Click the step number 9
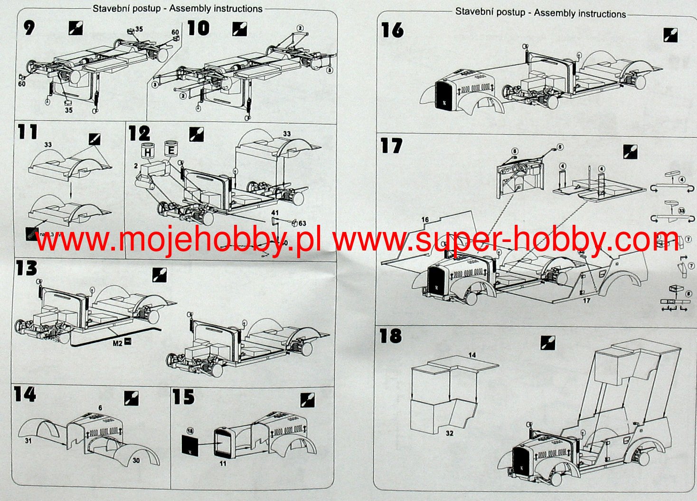coord(29,28)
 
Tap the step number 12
coord(139,133)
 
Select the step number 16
coord(392,30)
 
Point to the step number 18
coord(390,336)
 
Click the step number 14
coord(25,394)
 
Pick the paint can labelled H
coord(148,152)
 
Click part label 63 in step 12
coord(302,223)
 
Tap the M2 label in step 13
coord(118,342)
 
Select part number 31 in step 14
coord(28,441)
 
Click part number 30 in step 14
coord(136,460)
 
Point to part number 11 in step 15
coord(223,463)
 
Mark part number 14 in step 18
coord(471,355)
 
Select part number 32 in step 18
coord(449,434)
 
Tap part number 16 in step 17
coord(425,219)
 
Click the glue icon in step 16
coord(670,35)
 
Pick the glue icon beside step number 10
coord(239,29)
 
